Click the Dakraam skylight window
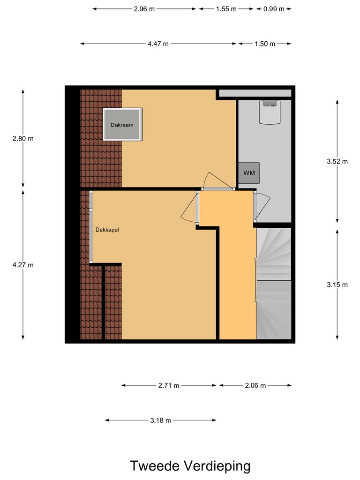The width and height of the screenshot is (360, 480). [122, 125]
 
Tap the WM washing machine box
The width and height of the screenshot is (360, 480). [249, 173]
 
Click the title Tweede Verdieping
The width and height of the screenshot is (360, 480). [190, 466]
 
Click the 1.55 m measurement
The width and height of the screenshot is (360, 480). [226, 9]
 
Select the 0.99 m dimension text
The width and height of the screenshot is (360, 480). [274, 9]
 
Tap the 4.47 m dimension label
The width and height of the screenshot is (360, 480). [158, 44]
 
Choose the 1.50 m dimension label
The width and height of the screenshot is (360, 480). [265, 44]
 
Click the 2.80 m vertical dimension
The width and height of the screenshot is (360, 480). [23, 138]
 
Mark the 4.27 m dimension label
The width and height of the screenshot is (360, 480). [23, 264]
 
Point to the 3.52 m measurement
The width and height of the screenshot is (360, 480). [337, 161]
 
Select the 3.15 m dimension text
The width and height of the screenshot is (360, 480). [337, 285]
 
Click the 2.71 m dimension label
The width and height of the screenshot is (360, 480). [169, 385]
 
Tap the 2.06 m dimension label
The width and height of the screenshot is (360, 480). [255, 385]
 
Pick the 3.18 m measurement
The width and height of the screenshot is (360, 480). [161, 420]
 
